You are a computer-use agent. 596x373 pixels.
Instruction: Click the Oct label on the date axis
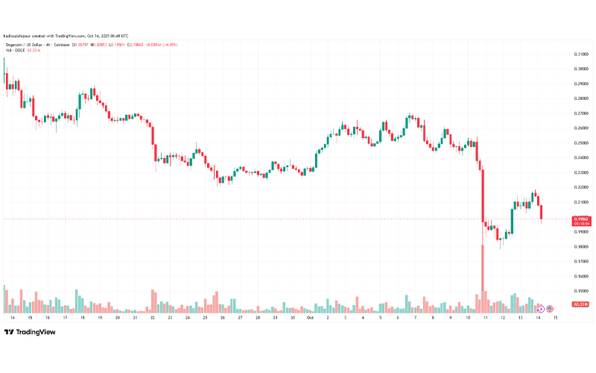coord(310,317)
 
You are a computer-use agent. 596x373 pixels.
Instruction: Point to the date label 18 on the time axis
coord(81,317)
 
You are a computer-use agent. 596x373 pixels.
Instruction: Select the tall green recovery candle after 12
coord(513,221)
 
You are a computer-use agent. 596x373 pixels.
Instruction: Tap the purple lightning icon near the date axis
coord(540,308)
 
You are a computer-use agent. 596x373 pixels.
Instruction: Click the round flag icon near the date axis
coord(550,308)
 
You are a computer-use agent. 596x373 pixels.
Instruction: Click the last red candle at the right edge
coord(541,213)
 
